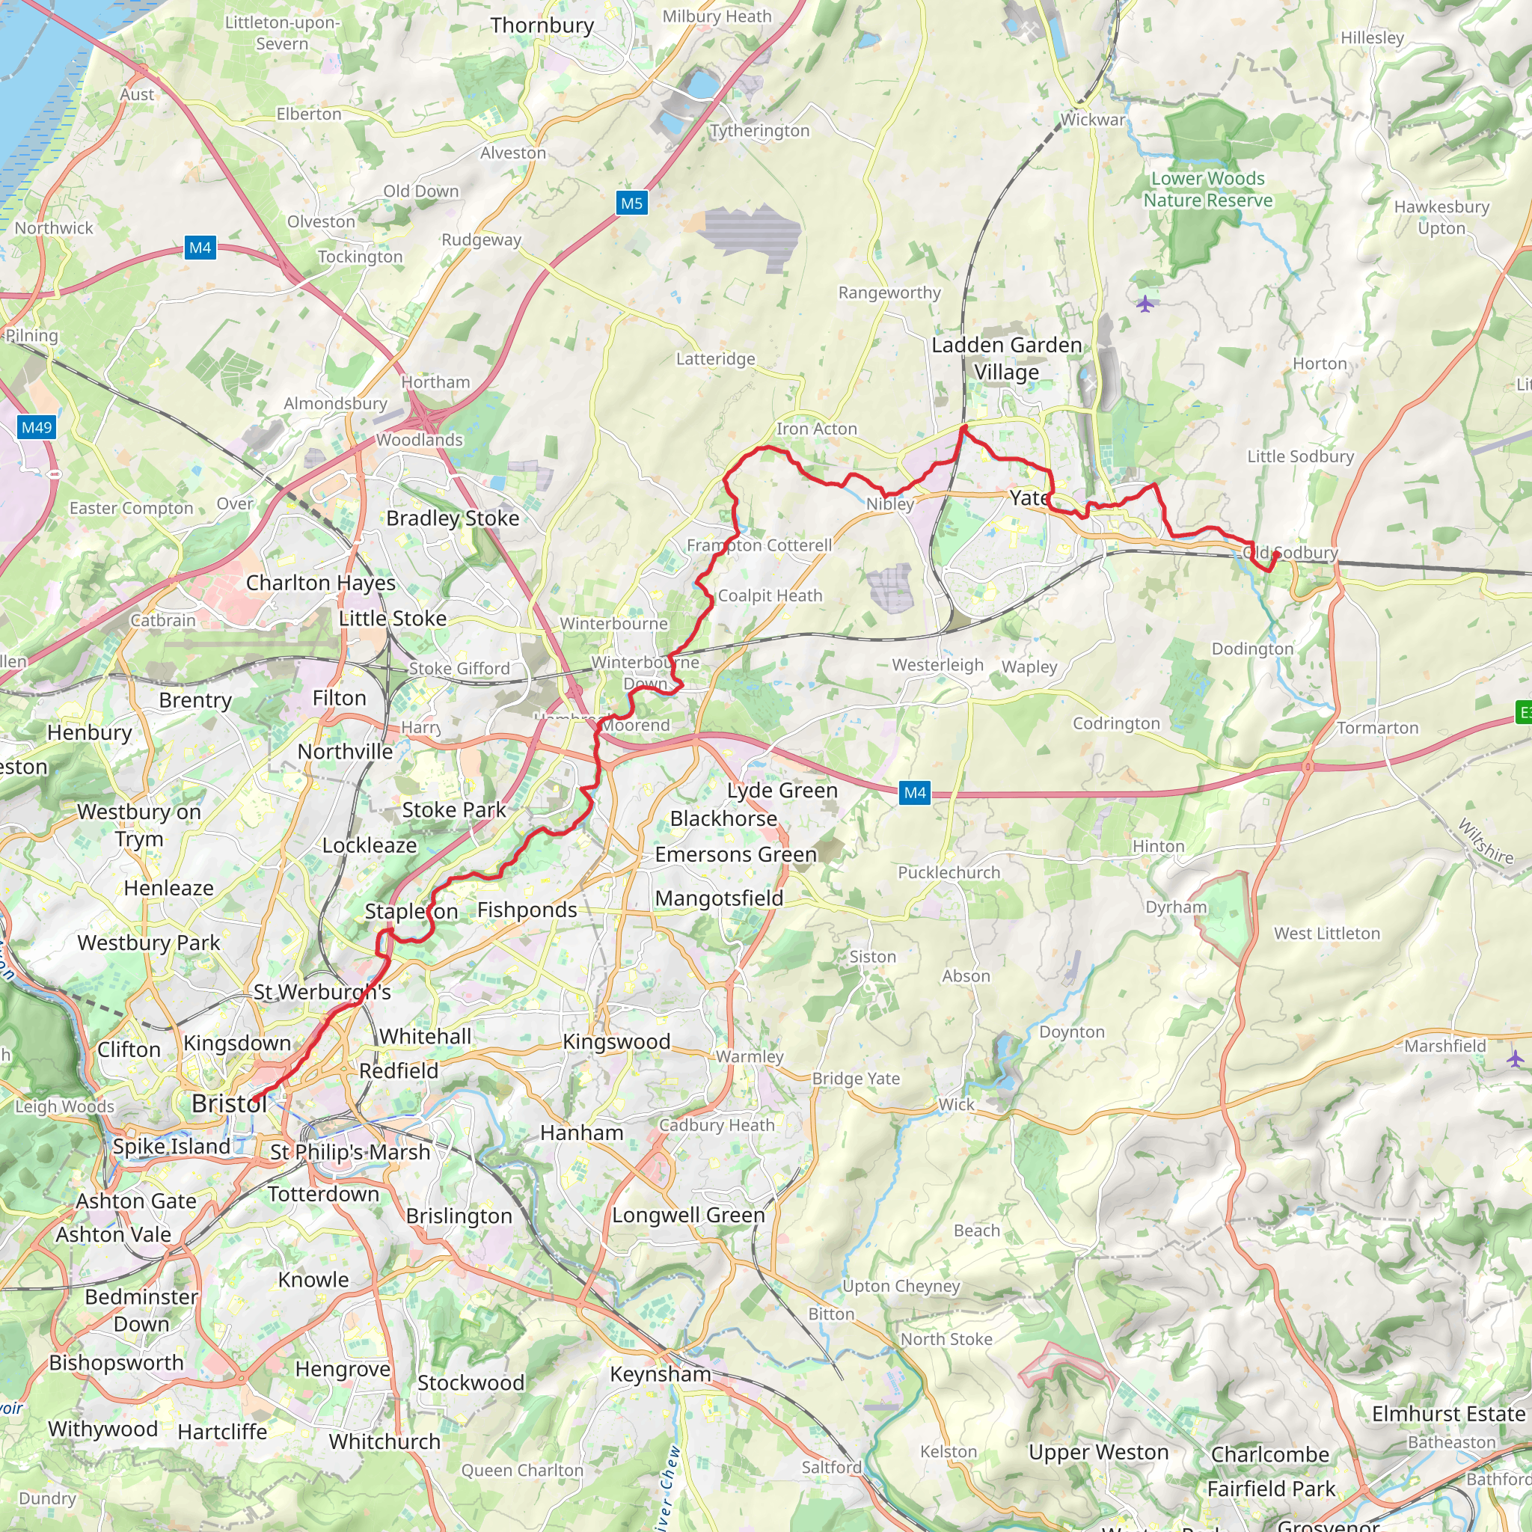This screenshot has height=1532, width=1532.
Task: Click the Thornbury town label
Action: [x=542, y=25]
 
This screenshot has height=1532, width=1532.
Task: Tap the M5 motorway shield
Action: [x=631, y=203]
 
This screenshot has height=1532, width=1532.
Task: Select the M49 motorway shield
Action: [x=37, y=428]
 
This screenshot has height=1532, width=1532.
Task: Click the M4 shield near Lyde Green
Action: [x=914, y=792]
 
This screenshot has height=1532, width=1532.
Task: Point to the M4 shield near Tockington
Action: [x=200, y=248]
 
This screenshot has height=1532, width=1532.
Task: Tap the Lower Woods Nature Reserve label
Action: [x=1207, y=189]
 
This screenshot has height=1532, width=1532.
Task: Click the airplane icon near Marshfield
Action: [x=1516, y=1058]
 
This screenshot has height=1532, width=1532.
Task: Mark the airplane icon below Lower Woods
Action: [x=1145, y=304]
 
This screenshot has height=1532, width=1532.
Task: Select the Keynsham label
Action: [x=660, y=1373]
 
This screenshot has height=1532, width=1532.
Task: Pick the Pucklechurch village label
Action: [x=949, y=872]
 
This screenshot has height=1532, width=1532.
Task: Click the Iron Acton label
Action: [x=816, y=429]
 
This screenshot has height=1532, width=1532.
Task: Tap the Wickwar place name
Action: [x=1092, y=120]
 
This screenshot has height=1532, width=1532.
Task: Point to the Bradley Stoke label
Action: [x=452, y=518]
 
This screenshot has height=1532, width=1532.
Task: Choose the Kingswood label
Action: [x=616, y=1041]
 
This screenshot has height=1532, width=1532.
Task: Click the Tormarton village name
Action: [x=1377, y=727]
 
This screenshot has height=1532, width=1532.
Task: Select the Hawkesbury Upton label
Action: [x=1441, y=217]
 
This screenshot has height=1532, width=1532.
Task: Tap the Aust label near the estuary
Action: [x=137, y=94]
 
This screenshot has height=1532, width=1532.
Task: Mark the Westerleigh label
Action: [x=937, y=664]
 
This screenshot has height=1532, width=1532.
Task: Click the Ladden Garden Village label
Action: [x=1006, y=358]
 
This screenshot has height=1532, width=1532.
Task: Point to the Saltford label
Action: [x=831, y=1467]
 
